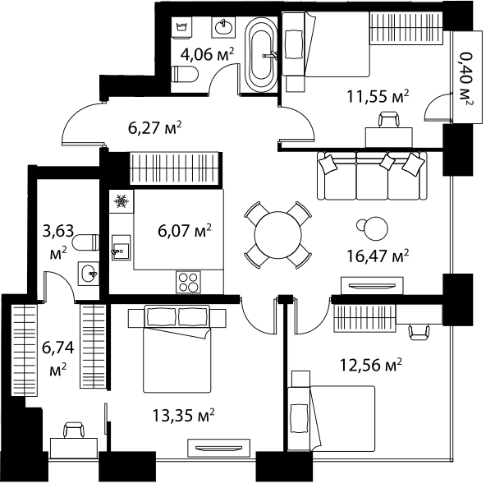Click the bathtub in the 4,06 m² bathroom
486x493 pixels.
click(260, 55)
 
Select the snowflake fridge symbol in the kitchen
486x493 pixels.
click(121, 201)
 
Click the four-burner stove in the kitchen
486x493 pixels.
click(188, 282)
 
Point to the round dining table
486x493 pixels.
click(278, 235)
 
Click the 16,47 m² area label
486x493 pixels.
click(378, 256)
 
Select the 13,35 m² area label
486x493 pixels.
click(183, 415)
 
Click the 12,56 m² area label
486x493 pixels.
click(371, 365)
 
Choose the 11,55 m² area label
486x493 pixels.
click(378, 96)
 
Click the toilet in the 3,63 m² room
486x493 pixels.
click(85, 242)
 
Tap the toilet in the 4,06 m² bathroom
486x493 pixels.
click(185, 75)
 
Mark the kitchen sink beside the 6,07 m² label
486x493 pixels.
click(121, 247)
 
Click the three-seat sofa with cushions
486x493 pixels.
click(372, 176)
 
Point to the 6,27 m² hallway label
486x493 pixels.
click(155, 127)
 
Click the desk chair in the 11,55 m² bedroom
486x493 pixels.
click(389, 119)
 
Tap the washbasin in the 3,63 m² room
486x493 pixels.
click(89, 274)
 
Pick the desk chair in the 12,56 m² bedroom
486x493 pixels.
click(419, 332)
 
